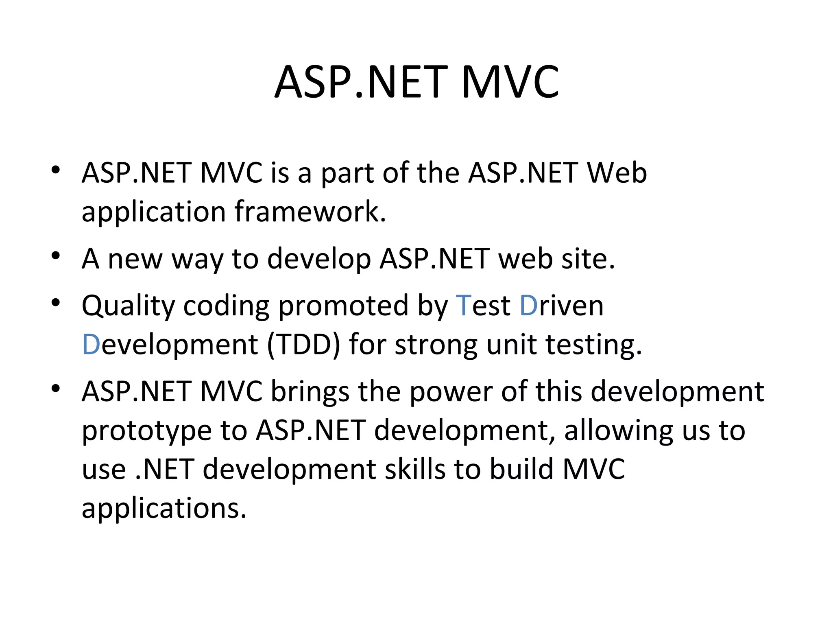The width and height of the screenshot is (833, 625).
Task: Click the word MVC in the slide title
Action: pos(510,82)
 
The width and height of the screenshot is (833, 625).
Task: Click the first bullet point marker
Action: pos(56,170)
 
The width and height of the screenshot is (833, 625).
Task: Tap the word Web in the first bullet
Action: pos(617,173)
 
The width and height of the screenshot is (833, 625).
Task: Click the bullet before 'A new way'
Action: pos(56,256)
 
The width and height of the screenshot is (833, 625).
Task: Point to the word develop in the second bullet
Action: pos(318,259)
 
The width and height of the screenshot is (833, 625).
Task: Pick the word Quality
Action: pos(128,306)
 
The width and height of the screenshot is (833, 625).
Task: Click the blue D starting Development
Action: pos(91,345)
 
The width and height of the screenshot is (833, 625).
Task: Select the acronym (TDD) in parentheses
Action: pos(303,345)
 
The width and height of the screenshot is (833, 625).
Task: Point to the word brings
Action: pos(310,392)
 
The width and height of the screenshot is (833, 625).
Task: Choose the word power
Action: pos(450,392)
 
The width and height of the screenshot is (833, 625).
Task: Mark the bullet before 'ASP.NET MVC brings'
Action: pos(56,389)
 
